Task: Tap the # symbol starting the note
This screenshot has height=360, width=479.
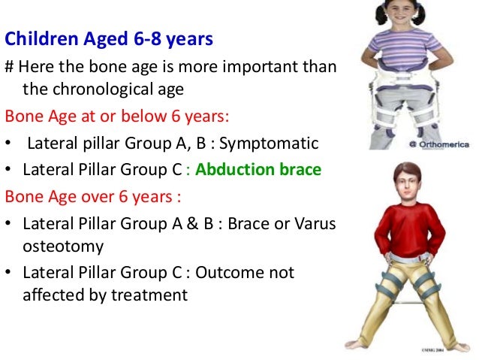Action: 9,68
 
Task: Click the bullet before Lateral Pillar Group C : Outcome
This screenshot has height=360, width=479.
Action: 10,273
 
